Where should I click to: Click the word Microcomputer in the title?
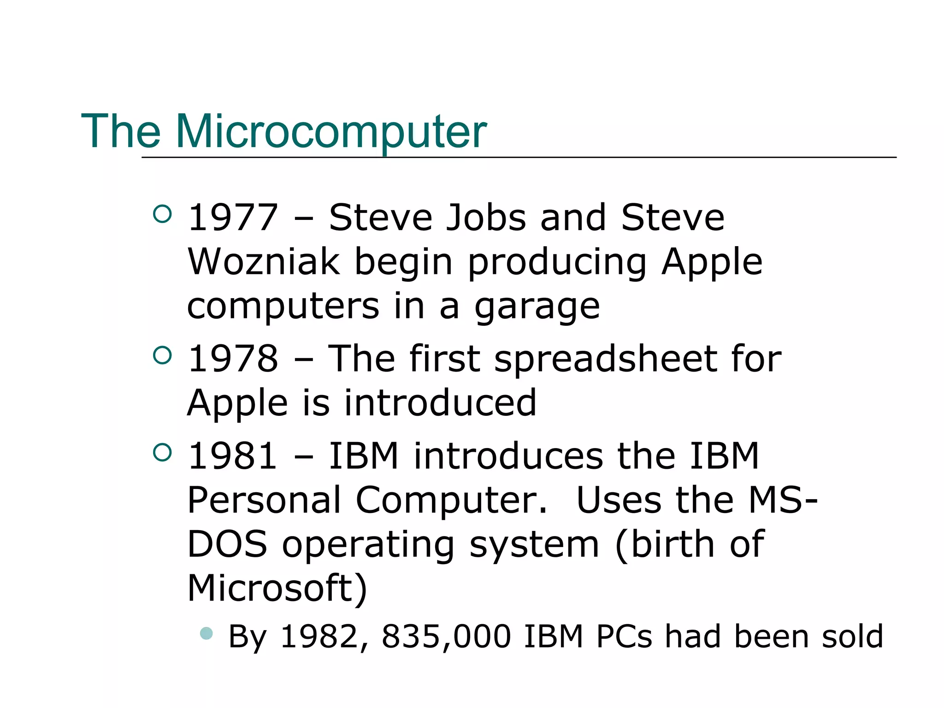[x=330, y=132]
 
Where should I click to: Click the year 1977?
[x=233, y=218]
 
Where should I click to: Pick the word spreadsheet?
[x=605, y=360]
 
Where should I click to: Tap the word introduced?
[x=440, y=403]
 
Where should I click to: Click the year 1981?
[x=233, y=456]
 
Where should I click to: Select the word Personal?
[x=264, y=500]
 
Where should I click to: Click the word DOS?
[x=227, y=544]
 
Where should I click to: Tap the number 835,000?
[x=447, y=637]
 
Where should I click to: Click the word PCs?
[x=624, y=637]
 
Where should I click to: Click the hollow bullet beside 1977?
[x=162, y=214]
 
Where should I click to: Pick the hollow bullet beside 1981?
[x=162, y=453]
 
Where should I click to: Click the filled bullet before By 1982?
[x=206, y=633]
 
